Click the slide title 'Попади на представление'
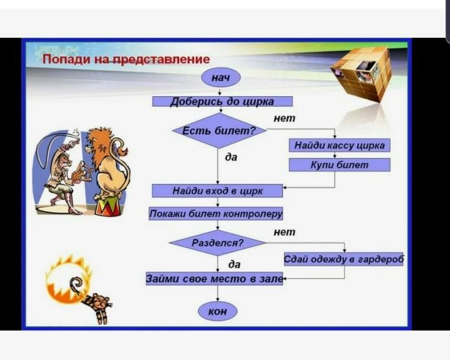[x=126, y=59]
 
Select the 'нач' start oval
[x=221, y=77]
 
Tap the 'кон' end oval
[x=218, y=311]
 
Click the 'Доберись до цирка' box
[x=223, y=101]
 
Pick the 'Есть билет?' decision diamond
[x=219, y=131]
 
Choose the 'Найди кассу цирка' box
[x=340, y=146]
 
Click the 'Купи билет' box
[x=340, y=165]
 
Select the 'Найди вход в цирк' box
[x=218, y=191]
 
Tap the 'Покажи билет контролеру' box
[x=216, y=214]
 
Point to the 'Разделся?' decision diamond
[x=218, y=243]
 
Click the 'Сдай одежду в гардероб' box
[x=344, y=259]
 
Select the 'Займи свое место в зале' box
[x=214, y=279]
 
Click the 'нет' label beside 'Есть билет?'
[x=284, y=118]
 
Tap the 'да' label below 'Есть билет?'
[x=231, y=157]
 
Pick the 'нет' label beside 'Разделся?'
[x=284, y=232]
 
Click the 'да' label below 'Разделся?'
[x=234, y=264]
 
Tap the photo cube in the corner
[x=362, y=74]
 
